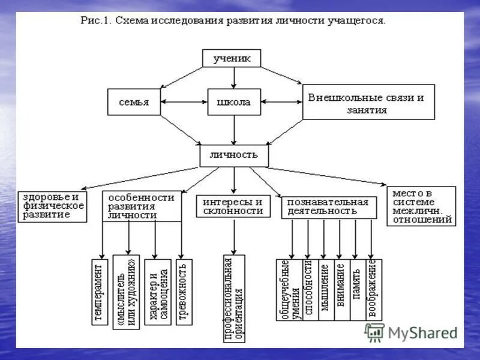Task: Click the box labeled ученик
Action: (234, 58)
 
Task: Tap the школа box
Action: (234, 102)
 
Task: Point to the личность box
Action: (234, 155)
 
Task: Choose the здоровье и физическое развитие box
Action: (52, 205)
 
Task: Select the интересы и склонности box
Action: (233, 206)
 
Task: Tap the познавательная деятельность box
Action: (329, 206)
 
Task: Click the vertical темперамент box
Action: (100, 292)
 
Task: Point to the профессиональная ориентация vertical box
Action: (234, 298)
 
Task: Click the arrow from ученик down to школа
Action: (234, 77)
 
